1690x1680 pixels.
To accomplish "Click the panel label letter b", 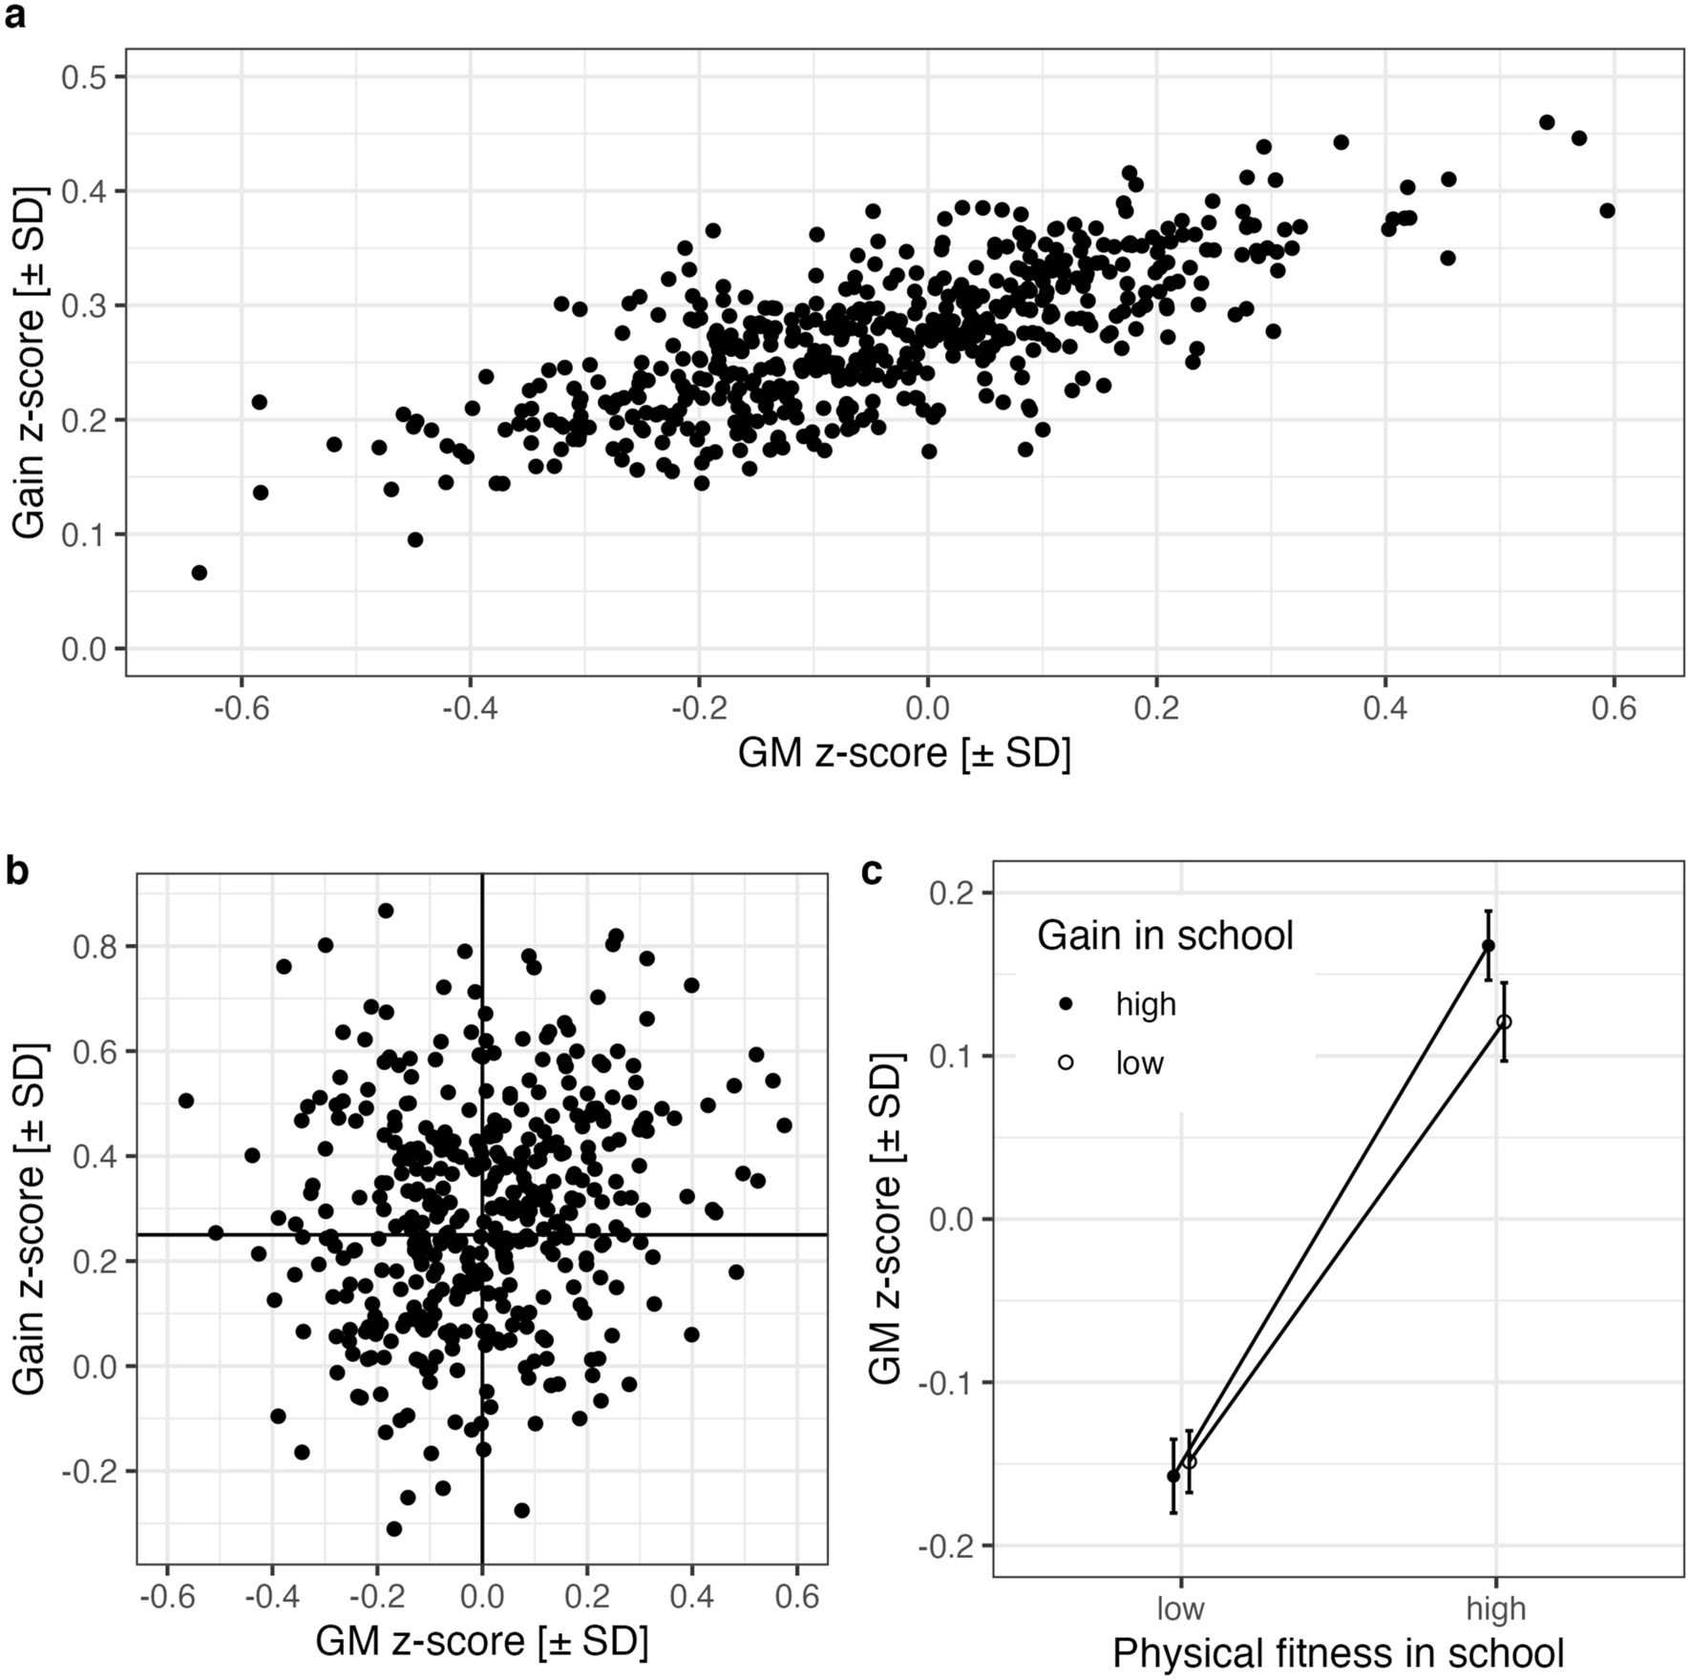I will tap(17, 871).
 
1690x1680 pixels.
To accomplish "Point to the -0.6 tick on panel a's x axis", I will tap(241, 709).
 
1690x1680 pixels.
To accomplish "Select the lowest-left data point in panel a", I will tap(199, 573).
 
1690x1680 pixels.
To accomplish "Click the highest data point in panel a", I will tap(1547, 122).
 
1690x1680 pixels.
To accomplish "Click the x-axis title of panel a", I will tap(903, 754).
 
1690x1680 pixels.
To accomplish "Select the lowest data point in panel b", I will tap(393, 1528).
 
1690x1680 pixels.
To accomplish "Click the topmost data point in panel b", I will tap(385, 911).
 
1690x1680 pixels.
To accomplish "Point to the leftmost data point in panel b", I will tap(186, 1101).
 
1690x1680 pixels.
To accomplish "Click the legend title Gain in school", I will tap(1165, 935).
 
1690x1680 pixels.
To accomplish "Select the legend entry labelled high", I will tap(1146, 1004).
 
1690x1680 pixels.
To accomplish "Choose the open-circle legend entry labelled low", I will tap(1139, 1062).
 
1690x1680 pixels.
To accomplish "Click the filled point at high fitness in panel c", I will tap(1488, 946).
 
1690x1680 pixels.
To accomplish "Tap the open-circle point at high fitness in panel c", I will tap(1504, 1022).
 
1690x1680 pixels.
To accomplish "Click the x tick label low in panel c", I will tap(1181, 1608).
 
